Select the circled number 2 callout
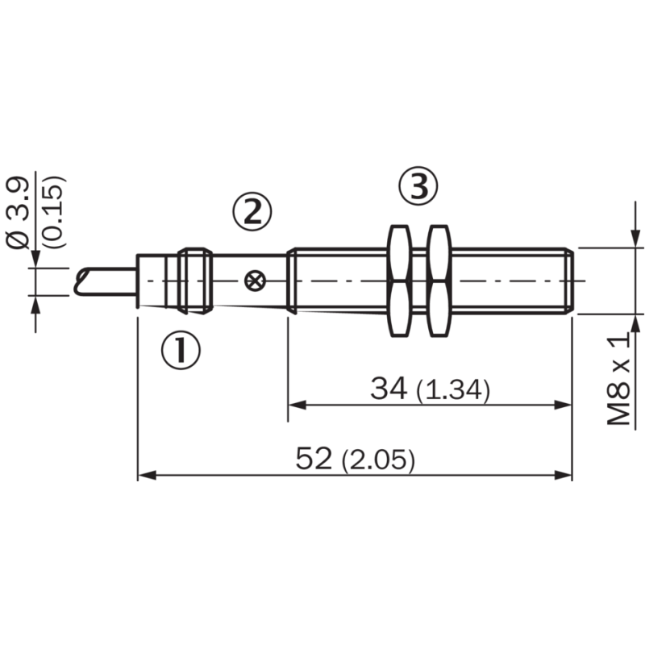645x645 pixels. pos(252,212)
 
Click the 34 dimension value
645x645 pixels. pos(390,389)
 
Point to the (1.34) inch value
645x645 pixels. pos(453,391)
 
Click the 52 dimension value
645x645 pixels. pos(315,460)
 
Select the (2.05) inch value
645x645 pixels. pos(378,461)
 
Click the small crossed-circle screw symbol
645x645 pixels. pos(255,281)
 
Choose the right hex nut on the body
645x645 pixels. pos(440,281)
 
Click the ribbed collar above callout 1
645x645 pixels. pos(196,280)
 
